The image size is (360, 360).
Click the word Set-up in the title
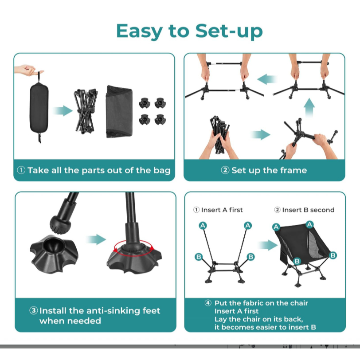tap(229, 31)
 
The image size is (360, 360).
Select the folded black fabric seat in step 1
tap(119, 112)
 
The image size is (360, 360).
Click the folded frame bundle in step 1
tap(86, 111)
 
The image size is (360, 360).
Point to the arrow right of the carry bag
tap(63, 111)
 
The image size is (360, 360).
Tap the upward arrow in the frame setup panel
tap(309, 107)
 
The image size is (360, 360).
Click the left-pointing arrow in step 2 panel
tap(267, 79)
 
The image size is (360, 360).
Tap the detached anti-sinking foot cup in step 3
tap(54, 253)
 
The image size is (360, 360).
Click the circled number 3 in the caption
tap(34, 311)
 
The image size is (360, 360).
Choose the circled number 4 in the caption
tap(208, 303)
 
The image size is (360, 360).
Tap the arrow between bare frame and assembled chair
tap(268, 245)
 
